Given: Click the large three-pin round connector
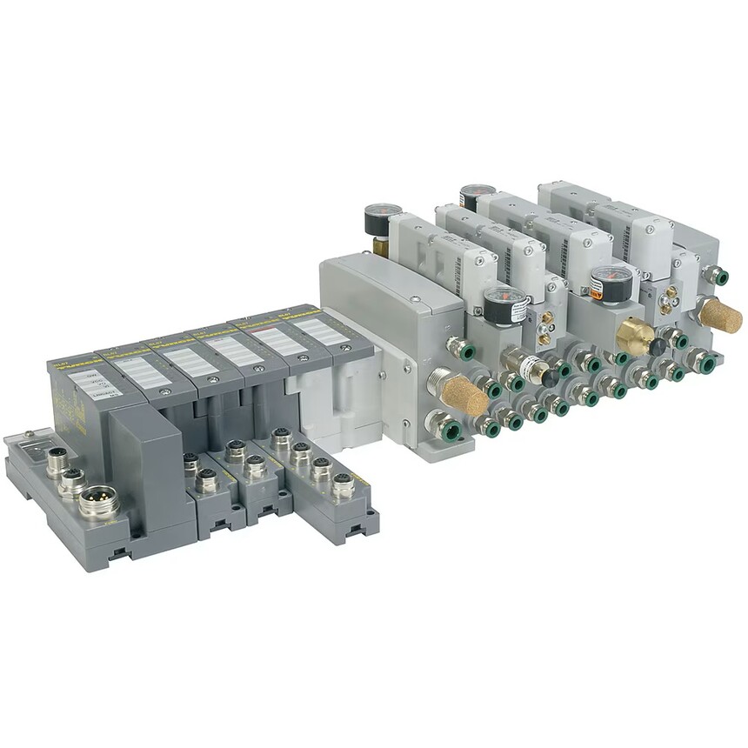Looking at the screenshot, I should (x=99, y=502).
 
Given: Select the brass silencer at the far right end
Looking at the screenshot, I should (x=721, y=316).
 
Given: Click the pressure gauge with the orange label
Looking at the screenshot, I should (x=610, y=284).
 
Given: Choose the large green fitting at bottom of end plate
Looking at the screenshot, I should (x=444, y=428).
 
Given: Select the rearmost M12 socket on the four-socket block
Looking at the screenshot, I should (x=281, y=437).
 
